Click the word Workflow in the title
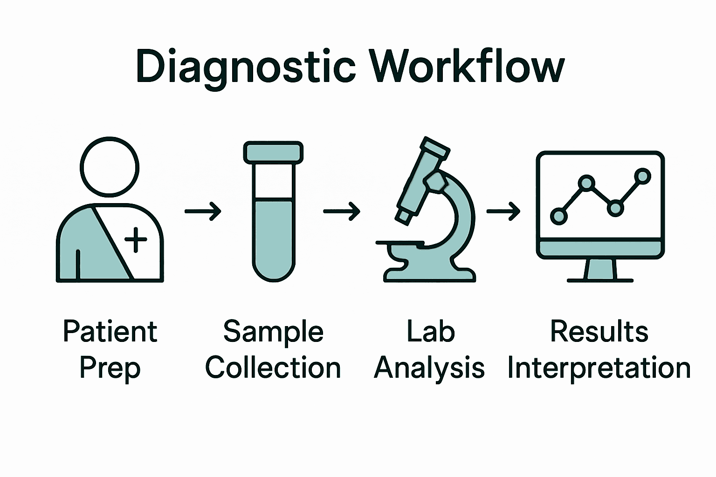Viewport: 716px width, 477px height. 467,67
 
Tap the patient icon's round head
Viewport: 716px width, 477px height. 110,167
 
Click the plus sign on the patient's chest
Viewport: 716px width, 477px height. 136,240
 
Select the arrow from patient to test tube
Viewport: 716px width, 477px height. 203,211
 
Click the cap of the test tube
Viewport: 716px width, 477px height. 273,152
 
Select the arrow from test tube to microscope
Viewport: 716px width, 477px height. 342,211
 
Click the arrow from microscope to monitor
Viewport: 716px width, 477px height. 503,211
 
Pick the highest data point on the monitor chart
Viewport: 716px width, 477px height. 643,176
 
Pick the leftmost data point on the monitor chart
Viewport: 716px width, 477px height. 558,216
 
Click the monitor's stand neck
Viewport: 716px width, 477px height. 600,269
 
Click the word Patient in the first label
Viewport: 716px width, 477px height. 110,332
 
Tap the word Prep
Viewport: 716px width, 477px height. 110,368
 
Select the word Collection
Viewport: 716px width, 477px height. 273,368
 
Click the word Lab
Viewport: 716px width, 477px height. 431,332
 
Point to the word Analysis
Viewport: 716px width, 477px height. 429,368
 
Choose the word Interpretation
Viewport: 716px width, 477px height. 599,368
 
